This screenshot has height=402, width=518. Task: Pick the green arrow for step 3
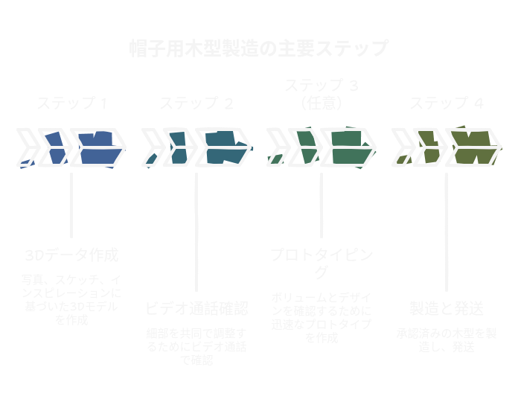[x=322, y=147]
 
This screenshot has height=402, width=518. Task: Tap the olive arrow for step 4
[x=447, y=147]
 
